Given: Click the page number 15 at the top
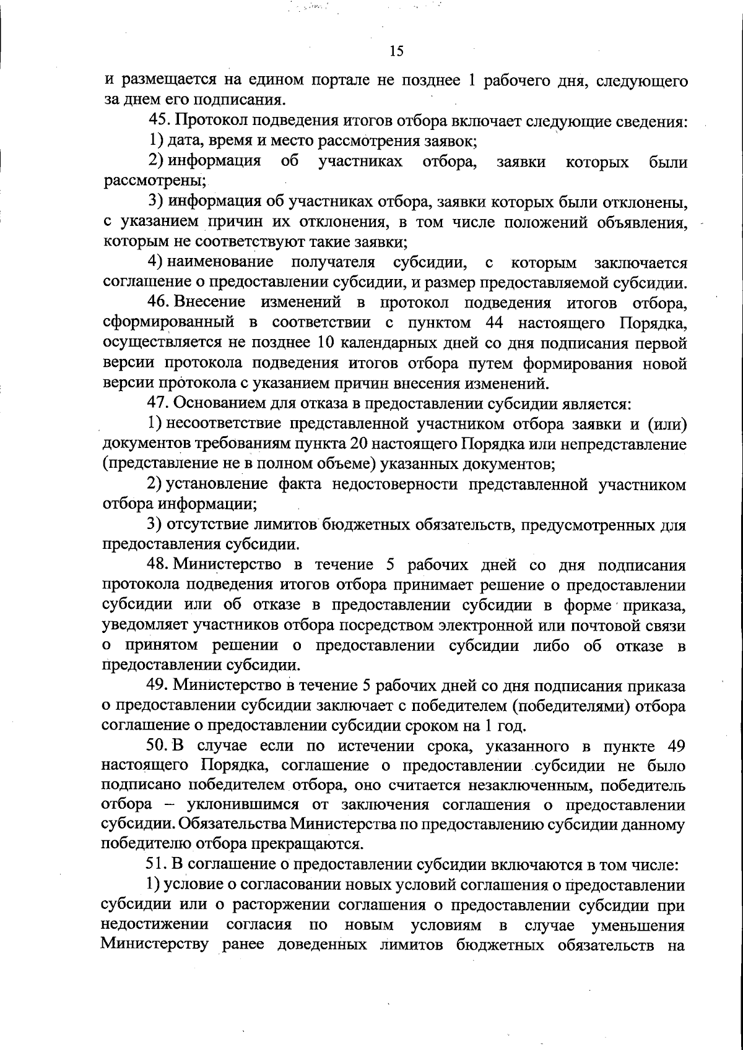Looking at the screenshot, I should coord(397,51).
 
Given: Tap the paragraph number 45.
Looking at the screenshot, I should coord(159,120).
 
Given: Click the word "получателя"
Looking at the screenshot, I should coord(333,262).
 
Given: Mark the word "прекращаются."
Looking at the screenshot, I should coord(311,844).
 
